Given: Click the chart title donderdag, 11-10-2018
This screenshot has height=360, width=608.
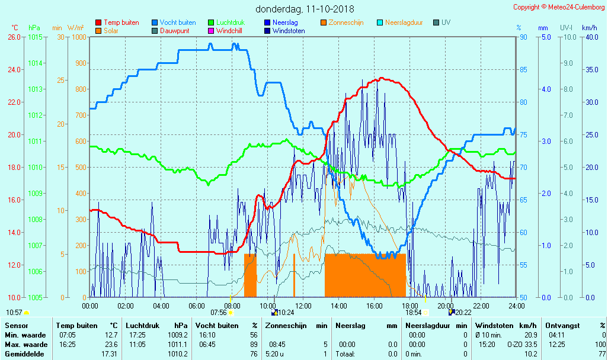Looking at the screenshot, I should [x=305, y=9].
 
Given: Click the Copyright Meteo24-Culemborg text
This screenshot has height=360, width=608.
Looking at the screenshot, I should [x=559, y=7].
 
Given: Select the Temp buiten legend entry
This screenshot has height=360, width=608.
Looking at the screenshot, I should [x=121, y=22].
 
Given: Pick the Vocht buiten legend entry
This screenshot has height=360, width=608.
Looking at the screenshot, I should [x=177, y=22].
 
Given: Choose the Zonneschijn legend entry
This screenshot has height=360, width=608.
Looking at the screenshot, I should [x=345, y=22].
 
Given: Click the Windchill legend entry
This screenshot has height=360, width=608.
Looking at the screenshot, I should [x=232, y=31].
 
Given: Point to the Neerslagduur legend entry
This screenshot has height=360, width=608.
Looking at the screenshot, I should [x=404, y=22].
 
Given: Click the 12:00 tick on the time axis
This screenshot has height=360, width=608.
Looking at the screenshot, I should [x=303, y=306].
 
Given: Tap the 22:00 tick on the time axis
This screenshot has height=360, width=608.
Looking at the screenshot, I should [x=481, y=306].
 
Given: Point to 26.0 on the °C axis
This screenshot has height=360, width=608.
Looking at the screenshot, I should [x=14, y=37].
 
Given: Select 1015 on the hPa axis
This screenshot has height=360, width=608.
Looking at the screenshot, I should [x=35, y=37].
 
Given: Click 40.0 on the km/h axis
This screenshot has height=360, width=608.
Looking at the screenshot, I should [x=589, y=37].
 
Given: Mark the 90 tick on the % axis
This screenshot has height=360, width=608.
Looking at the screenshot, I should [x=523, y=37].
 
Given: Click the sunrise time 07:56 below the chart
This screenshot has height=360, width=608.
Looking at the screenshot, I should [x=219, y=312].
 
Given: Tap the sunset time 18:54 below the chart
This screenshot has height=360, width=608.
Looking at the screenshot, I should [x=413, y=312].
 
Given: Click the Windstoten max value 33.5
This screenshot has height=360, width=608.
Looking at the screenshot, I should [x=530, y=344].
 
